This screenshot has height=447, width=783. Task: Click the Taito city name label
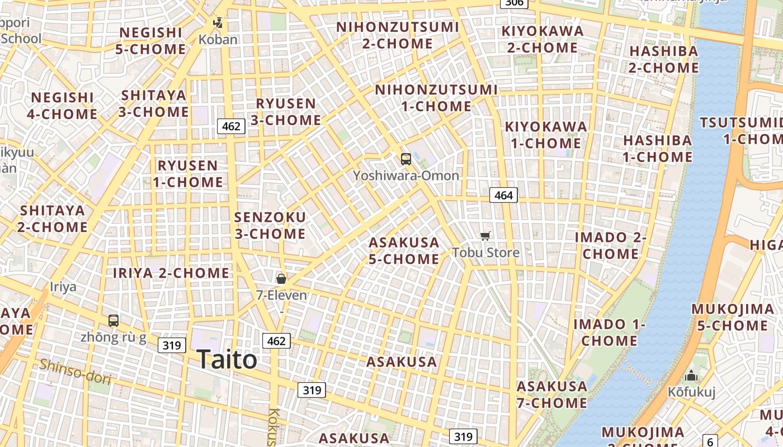(x=227, y=359)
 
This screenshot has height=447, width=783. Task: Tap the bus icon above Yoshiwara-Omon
(x=406, y=159)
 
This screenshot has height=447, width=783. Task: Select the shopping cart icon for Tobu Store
(x=485, y=236)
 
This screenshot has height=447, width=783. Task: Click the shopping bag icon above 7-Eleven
(x=281, y=278)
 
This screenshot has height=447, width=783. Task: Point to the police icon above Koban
(x=218, y=23)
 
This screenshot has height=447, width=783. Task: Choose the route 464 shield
(x=503, y=195)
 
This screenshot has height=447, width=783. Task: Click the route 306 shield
(x=513, y=3)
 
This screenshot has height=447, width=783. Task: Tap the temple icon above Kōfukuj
(x=692, y=375)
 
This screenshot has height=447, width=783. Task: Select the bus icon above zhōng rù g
(x=114, y=321)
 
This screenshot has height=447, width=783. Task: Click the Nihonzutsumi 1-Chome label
(x=436, y=98)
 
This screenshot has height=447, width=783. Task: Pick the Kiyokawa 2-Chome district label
(x=543, y=39)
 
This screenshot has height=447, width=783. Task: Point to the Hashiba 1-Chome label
(x=658, y=149)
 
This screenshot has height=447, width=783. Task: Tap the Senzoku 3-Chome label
(x=270, y=225)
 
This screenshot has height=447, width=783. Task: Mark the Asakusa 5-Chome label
(x=404, y=251)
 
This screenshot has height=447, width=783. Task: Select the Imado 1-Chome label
(x=609, y=332)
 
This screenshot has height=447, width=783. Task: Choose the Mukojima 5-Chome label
(x=733, y=317)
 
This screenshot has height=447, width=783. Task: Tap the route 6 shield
(x=710, y=441)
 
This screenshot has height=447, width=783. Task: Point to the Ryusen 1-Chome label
(x=188, y=174)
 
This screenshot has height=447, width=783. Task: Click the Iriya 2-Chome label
(x=171, y=273)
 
